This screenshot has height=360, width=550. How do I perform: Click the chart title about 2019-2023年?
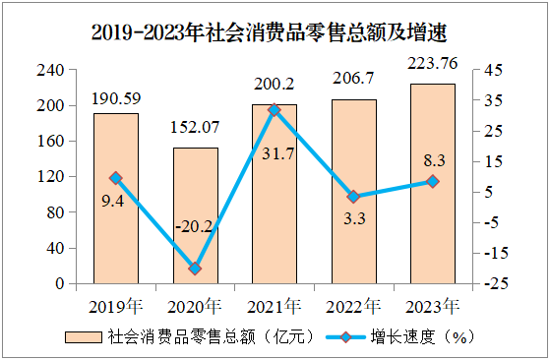269,33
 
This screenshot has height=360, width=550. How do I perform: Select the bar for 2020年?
196,215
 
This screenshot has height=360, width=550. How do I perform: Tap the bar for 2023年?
433,184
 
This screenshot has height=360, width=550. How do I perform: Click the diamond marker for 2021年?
274,110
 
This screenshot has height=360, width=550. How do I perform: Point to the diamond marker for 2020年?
195,269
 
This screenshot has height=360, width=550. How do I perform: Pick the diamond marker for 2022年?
353,197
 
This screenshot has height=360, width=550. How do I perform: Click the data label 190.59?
116,98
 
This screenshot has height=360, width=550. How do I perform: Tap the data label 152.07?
195,127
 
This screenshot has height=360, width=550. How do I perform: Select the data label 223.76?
433,64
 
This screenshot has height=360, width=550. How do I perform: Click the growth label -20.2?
194,227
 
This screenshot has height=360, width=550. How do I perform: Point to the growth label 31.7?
278,153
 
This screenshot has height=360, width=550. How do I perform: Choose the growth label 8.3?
434,160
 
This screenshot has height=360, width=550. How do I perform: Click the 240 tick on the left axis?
50,70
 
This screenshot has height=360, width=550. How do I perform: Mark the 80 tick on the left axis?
55,212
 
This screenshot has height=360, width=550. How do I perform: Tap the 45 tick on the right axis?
494,70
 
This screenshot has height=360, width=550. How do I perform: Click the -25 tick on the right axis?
496,283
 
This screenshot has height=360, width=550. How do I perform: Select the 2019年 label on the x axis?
116,306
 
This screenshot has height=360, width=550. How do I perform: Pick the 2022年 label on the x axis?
353,306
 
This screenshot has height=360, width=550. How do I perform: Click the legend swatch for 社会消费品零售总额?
84,337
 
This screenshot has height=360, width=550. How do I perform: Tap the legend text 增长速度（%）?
423,336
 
